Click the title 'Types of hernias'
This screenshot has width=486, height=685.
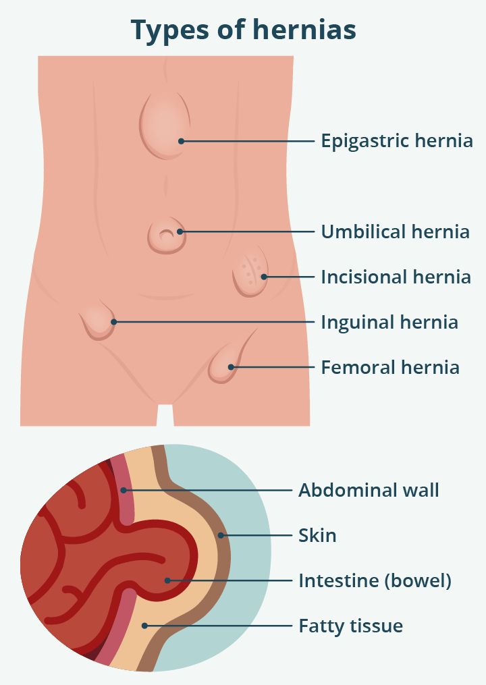click(x=243, y=30)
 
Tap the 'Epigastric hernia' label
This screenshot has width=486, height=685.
click(x=396, y=141)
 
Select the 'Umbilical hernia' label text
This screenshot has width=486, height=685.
click(x=395, y=231)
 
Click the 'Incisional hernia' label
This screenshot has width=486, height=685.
click(x=396, y=277)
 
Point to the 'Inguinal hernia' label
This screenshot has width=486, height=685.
click(x=389, y=322)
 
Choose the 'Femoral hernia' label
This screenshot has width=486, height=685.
click(x=390, y=367)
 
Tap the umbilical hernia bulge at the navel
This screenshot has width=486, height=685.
click(x=166, y=235)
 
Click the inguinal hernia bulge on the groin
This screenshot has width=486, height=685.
click(x=97, y=320)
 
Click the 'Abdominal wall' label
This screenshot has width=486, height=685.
click(x=369, y=490)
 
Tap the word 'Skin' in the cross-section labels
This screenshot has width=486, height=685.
click(x=317, y=536)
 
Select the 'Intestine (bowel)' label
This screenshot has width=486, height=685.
click(x=375, y=580)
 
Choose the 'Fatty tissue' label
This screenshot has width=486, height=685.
click(x=350, y=626)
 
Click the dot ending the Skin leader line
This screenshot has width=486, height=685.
click(x=221, y=536)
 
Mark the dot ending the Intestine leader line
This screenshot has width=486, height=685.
click(x=167, y=580)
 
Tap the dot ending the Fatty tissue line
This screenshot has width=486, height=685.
click(x=144, y=626)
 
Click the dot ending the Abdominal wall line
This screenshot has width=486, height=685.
click(x=124, y=490)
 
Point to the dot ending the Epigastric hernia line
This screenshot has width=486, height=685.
click(x=181, y=141)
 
